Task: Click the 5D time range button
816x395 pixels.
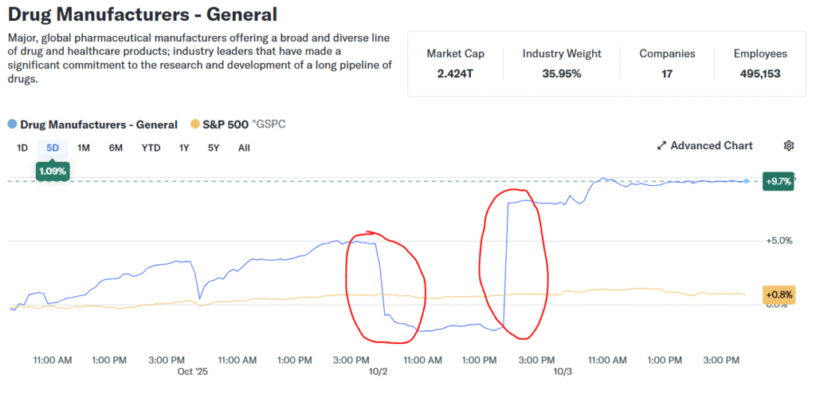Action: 53,148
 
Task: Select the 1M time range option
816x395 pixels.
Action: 84,148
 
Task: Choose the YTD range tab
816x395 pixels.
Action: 151,148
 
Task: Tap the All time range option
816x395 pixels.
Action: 244,148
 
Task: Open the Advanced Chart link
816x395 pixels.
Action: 704,145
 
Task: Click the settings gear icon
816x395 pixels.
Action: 789,145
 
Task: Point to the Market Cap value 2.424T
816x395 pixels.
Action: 455,73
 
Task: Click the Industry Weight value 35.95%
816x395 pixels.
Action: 562,73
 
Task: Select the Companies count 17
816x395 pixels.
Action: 667,73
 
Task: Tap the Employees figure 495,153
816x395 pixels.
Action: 760,73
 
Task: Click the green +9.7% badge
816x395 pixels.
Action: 778,180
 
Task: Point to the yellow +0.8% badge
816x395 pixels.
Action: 778,294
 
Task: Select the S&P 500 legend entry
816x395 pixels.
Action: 238,124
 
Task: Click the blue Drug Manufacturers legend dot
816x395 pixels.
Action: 12,124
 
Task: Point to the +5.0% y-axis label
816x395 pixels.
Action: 778,240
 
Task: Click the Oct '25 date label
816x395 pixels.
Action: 191,372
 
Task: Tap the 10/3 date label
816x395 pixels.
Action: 563,372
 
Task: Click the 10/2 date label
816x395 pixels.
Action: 378,372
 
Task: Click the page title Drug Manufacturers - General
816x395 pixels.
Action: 143,14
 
